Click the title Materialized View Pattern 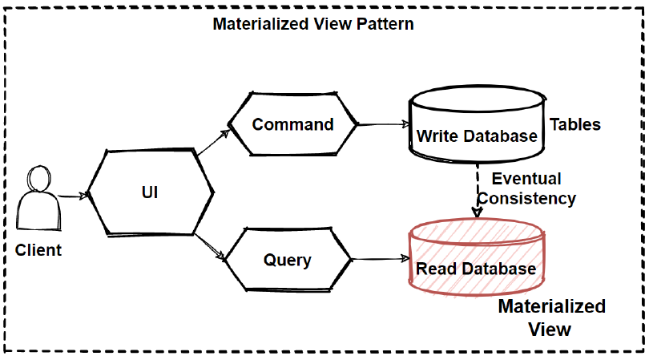click(x=312, y=23)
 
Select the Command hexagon click(x=292, y=124)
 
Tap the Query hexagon click(x=287, y=260)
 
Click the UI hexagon click(x=150, y=193)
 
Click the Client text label click(x=38, y=250)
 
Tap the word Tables click(x=574, y=125)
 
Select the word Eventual click(x=526, y=178)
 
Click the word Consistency click(x=533, y=198)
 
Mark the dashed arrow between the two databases click(x=478, y=192)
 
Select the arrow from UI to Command click(x=214, y=143)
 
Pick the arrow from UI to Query click(x=211, y=246)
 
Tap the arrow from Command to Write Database click(x=383, y=125)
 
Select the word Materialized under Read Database click(x=551, y=306)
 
